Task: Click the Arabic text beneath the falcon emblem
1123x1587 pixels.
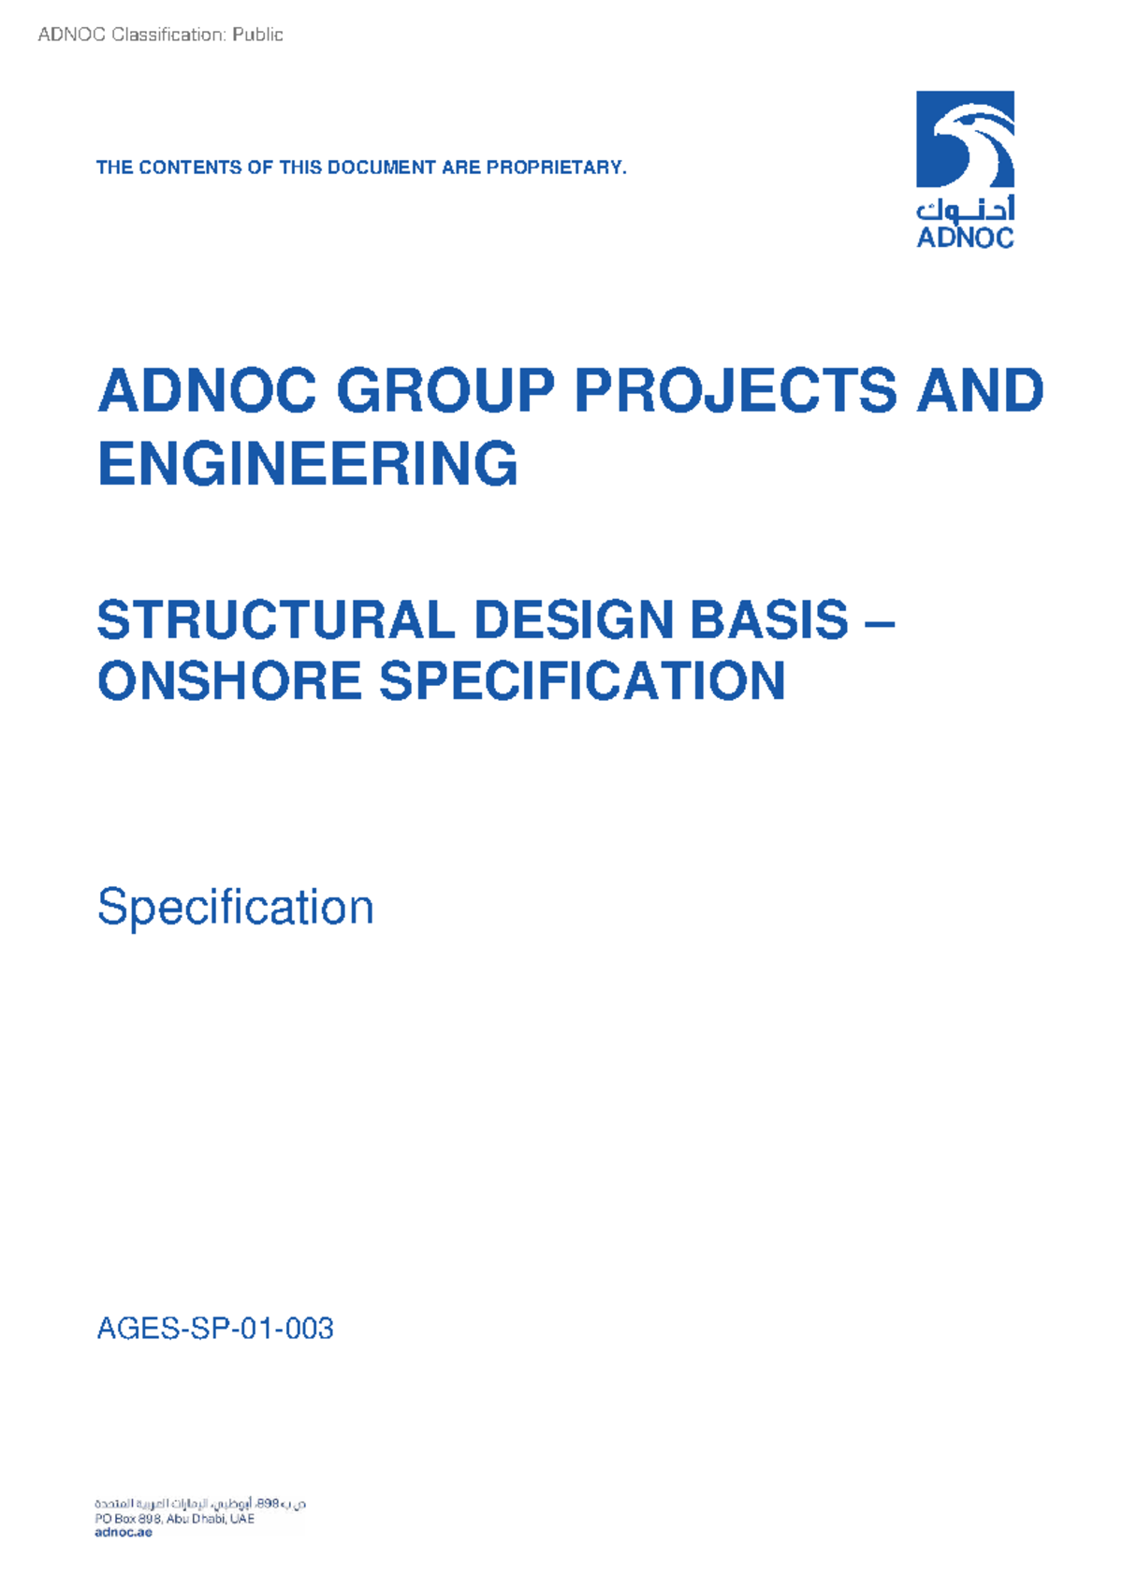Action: point(965,209)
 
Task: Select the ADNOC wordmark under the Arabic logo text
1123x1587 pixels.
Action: point(965,238)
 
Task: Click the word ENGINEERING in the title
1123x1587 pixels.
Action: point(308,464)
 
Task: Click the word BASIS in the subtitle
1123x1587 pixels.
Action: point(768,620)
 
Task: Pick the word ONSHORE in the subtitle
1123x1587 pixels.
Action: point(229,680)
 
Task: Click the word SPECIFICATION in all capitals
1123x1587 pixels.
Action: point(582,680)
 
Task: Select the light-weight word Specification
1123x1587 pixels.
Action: point(235,907)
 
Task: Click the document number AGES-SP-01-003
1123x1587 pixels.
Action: point(215,1329)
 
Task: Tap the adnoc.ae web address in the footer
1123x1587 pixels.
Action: point(124,1533)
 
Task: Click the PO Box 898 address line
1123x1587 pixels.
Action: point(174,1519)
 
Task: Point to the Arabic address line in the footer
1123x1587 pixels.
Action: point(200,1504)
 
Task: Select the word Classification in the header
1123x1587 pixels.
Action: point(168,35)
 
